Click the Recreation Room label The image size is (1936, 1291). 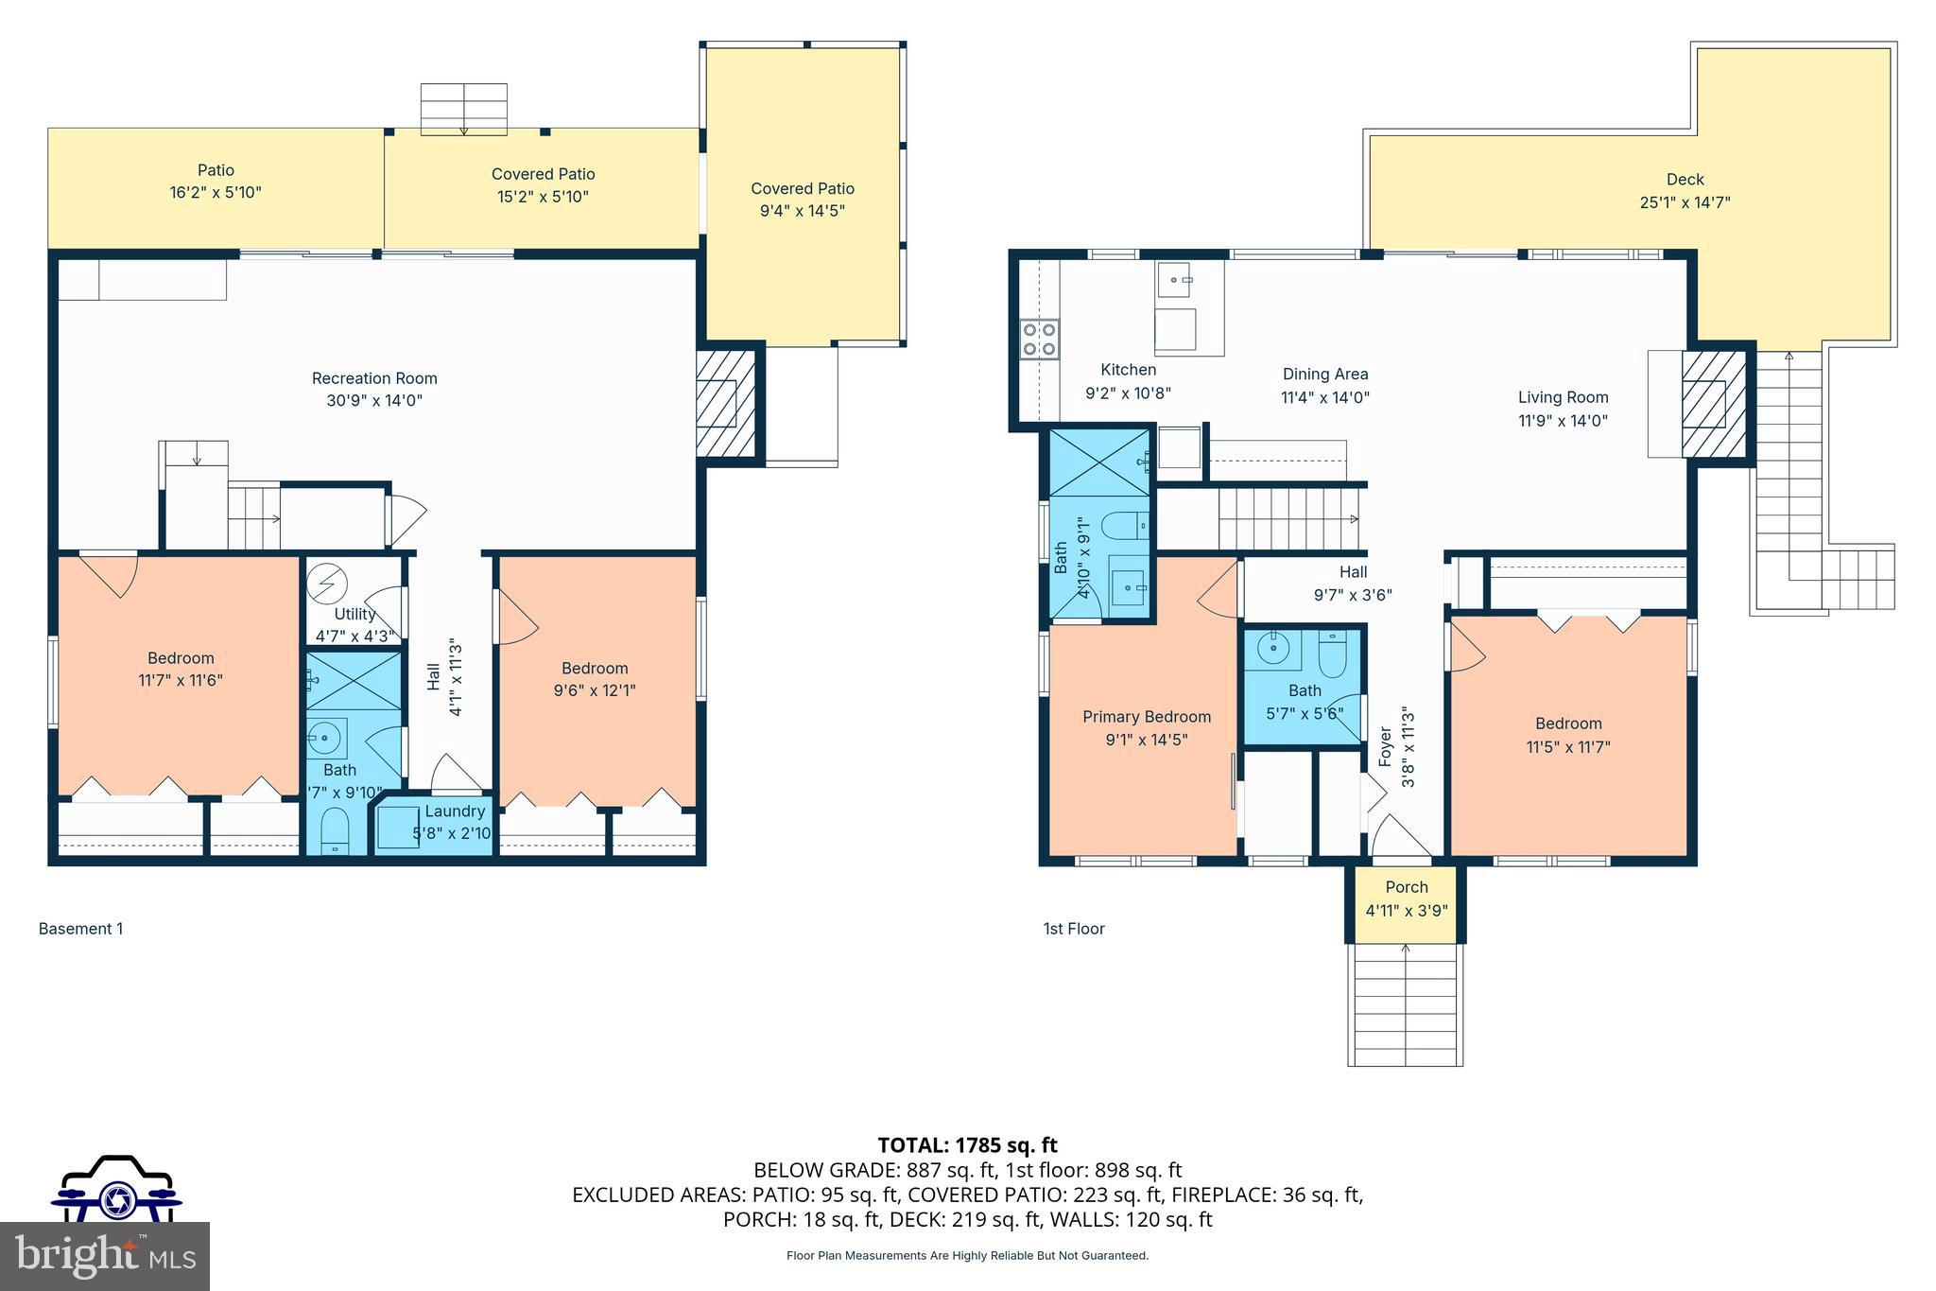click(374, 378)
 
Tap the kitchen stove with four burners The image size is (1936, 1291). click(1039, 340)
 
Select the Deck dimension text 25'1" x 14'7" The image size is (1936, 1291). click(1685, 202)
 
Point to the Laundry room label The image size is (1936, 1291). click(455, 811)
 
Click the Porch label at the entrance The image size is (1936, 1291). click(1406, 887)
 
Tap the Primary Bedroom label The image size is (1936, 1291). click(1146, 717)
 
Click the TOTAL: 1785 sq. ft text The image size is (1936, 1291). click(967, 1145)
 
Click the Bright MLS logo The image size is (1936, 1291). click(104, 1255)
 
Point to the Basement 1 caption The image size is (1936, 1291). click(80, 929)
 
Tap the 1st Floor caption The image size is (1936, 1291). click(1073, 929)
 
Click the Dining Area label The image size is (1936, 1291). click(1324, 375)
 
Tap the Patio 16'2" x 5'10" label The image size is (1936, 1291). click(216, 171)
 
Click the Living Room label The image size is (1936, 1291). click(1563, 398)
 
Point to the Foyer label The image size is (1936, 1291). click(1386, 747)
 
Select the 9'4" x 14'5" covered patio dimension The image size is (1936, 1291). click(802, 211)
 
